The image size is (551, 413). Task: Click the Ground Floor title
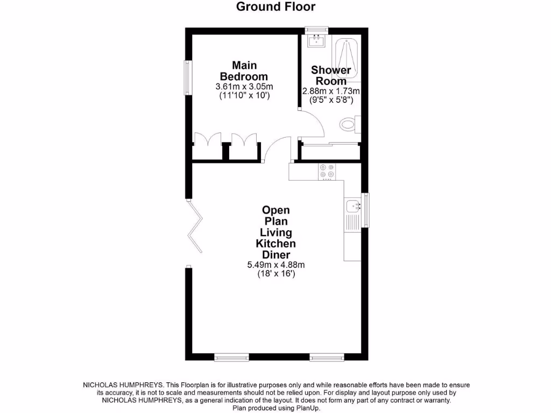[x=275, y=7]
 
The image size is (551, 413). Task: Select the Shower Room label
[x=331, y=75]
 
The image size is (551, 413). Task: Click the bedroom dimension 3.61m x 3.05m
[x=244, y=87]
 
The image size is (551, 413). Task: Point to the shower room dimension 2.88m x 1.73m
[x=331, y=91]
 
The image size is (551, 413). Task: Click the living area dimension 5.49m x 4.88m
[x=275, y=265]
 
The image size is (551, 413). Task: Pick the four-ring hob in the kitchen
[x=326, y=171]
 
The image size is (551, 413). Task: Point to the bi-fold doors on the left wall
[x=195, y=226]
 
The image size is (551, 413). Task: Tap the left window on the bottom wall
[x=231, y=357]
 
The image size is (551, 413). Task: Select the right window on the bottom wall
[x=327, y=357]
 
